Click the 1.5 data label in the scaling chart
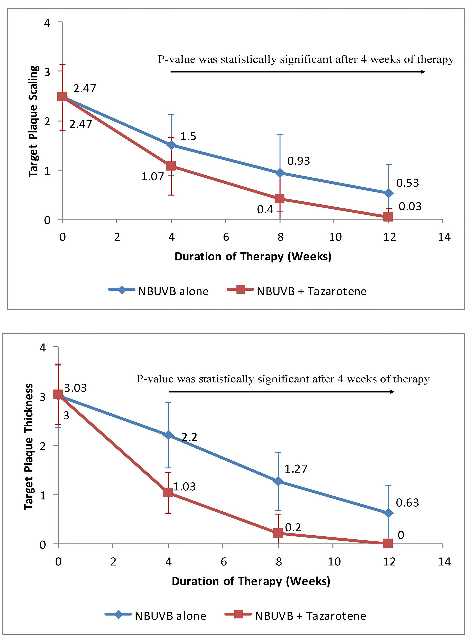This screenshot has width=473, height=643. point(188,136)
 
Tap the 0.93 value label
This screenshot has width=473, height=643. point(298,161)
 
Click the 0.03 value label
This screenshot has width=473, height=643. point(410,206)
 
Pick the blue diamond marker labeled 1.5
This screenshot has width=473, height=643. point(171,145)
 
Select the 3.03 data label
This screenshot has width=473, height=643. point(75,388)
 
